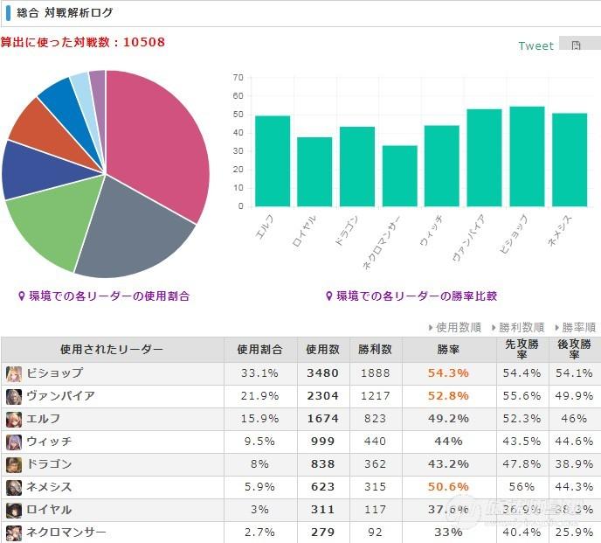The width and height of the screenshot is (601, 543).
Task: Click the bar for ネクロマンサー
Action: pos(399,176)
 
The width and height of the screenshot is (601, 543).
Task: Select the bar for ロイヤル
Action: pos(314,171)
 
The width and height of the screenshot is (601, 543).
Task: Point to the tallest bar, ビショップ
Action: pos(527,157)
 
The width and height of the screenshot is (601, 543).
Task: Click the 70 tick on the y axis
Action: pos(238,78)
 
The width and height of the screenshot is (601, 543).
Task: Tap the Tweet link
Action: pos(535,45)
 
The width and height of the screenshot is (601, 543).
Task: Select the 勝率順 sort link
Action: pos(577,327)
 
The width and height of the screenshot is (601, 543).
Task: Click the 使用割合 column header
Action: pos(259,350)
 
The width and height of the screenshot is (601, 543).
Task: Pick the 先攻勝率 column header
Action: pos(522,350)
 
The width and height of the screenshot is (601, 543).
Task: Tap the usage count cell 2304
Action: pos(322,396)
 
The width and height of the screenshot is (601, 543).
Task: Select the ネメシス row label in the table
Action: pos(49,487)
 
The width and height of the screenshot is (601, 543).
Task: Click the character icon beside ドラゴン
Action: pos(13,464)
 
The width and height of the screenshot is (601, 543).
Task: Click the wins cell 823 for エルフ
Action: pos(375,419)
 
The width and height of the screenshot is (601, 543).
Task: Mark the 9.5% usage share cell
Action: pos(259,442)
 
